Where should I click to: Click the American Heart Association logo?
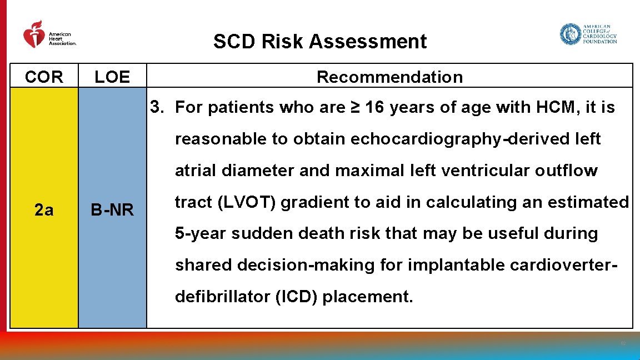(49, 34)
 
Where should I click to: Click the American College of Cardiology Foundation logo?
(588, 34)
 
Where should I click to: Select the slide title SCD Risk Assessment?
(320, 42)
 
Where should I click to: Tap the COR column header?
(44, 77)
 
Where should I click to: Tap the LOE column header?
(112, 77)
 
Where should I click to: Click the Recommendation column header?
(389, 77)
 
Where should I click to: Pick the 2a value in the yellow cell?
(44, 210)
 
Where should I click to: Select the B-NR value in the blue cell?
(112, 210)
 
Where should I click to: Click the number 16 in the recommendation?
(375, 107)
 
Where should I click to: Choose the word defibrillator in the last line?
(223, 297)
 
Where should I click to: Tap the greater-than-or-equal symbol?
(354, 107)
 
